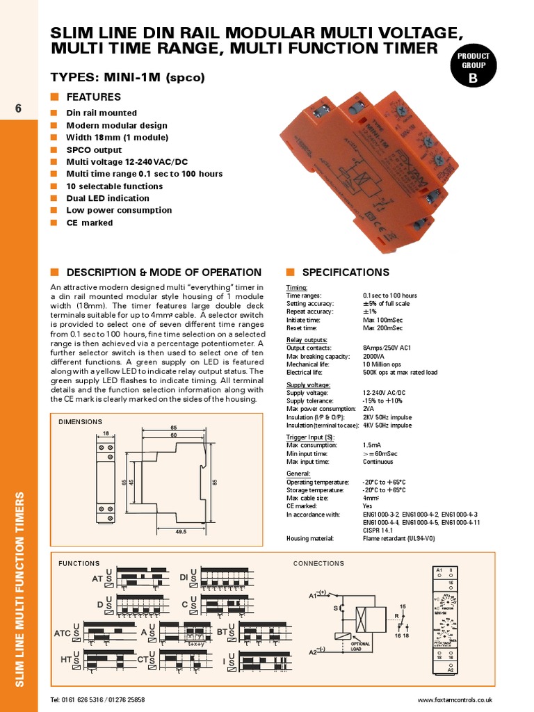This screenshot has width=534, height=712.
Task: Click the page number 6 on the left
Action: [18, 108]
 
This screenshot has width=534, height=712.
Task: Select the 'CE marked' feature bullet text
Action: [89, 222]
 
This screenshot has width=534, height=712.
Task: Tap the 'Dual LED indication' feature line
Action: [107, 198]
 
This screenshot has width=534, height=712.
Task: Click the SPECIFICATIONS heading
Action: [345, 273]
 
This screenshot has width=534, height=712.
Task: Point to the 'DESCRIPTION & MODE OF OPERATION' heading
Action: [163, 273]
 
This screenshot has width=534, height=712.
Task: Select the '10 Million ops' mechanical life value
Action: [382, 364]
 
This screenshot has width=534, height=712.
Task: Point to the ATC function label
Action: [63, 633]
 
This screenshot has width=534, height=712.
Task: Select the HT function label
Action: [67, 659]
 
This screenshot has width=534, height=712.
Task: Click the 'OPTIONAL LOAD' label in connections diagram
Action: [360, 646]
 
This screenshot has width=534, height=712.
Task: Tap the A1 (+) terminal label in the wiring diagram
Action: [318, 595]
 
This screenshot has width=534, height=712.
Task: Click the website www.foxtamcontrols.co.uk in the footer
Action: [455, 699]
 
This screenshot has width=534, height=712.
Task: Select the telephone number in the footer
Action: [97, 699]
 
